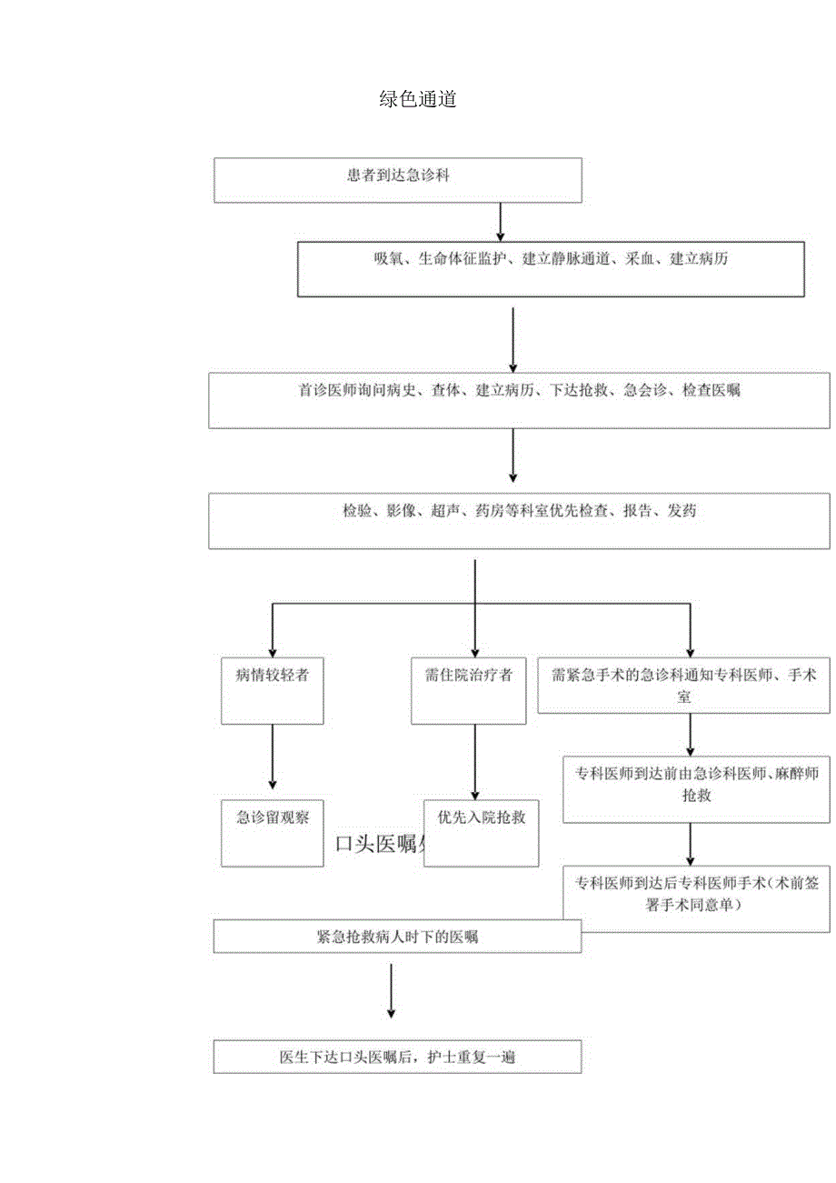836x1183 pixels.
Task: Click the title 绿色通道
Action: (417, 100)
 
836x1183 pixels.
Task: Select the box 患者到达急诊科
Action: (398, 180)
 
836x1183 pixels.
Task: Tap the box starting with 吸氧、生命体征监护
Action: (551, 268)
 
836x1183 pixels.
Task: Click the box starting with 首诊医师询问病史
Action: (519, 400)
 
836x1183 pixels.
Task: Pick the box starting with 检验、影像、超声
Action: (519, 520)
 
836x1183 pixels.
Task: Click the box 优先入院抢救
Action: (482, 832)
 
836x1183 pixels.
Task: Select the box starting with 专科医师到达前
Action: (696, 788)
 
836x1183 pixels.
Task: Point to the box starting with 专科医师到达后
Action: (696, 897)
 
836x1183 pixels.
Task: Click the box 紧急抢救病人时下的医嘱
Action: (398, 937)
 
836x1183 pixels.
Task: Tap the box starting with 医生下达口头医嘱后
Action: (398, 1057)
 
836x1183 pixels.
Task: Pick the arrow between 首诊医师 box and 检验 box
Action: (513, 455)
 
